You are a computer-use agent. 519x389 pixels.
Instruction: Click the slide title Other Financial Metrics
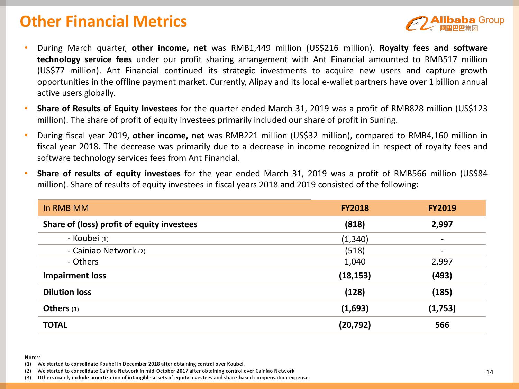(103, 21)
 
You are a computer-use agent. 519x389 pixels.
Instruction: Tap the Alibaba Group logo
(455, 23)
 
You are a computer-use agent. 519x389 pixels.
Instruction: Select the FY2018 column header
(355, 208)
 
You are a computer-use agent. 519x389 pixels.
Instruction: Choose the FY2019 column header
(442, 208)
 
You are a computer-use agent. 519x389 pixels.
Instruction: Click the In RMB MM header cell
(66, 208)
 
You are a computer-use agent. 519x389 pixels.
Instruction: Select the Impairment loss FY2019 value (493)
(442, 276)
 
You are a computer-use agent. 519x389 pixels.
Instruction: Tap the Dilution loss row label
(67, 292)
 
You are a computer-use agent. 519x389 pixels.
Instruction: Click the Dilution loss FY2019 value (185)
(442, 292)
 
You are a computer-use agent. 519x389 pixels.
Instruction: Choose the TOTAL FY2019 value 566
(442, 325)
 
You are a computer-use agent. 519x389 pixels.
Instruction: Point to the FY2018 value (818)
(355, 224)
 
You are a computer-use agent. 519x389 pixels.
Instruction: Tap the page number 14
(490, 372)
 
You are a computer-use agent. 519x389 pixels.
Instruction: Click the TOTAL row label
(55, 325)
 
